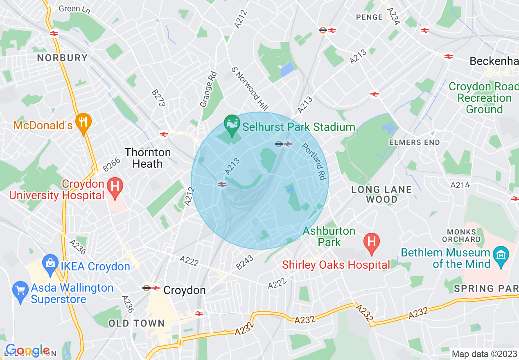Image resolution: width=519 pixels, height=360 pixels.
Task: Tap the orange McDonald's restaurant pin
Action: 83,123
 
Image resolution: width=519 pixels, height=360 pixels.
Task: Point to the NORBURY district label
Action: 62,58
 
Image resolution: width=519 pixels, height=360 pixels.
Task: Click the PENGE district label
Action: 369,17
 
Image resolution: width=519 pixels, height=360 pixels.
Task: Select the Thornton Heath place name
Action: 148,158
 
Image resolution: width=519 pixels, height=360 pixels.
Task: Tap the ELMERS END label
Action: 415,142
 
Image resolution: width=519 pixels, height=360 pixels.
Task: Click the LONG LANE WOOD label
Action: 381,194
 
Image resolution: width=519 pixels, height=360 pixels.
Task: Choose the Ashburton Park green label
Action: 329,236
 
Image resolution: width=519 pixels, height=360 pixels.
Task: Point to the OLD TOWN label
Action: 137,323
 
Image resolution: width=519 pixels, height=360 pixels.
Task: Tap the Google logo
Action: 27,351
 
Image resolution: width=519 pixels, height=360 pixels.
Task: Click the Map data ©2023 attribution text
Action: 484,353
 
